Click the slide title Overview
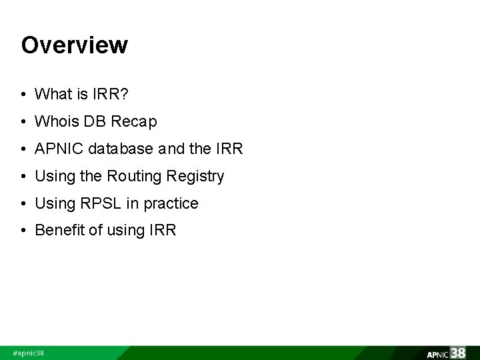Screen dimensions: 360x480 click(74, 45)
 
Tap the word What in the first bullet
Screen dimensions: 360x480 click(52, 95)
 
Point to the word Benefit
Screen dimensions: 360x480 click(58, 231)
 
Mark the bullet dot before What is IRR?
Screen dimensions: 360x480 click(24, 95)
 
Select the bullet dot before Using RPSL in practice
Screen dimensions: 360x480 click(24, 203)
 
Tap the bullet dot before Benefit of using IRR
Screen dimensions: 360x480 click(24, 231)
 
